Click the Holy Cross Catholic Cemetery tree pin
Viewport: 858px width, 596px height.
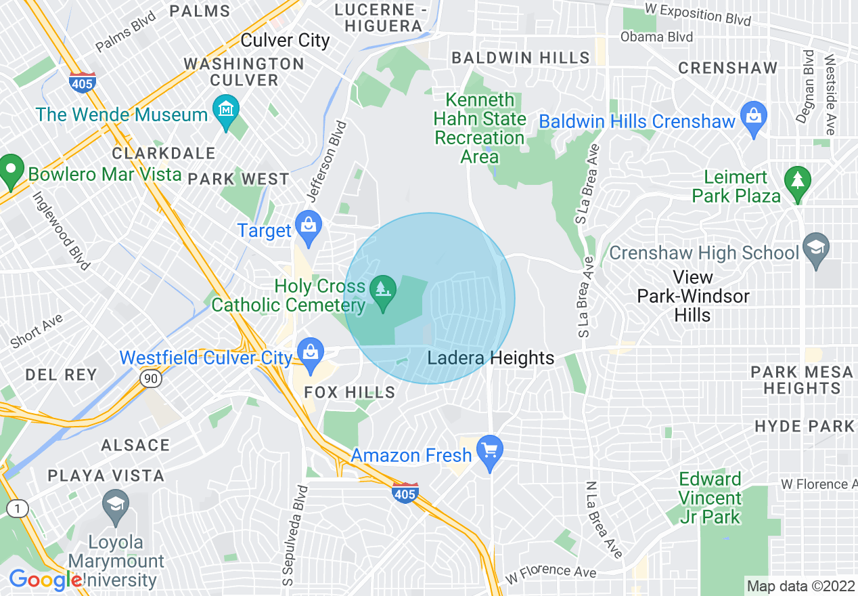[384, 291]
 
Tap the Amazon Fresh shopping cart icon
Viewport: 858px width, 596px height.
[489, 450]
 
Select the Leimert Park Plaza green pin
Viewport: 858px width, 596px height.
[798, 182]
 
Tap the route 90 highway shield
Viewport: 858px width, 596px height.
[151, 379]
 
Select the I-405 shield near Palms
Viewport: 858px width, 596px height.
[81, 83]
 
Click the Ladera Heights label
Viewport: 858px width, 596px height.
[491, 358]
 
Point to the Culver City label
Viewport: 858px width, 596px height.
[285, 41]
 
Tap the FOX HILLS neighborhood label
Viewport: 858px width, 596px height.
[350, 393]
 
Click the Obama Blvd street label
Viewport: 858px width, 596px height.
[656, 37]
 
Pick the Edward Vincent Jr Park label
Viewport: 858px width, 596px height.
[710, 498]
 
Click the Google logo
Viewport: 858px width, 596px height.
[45, 580]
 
